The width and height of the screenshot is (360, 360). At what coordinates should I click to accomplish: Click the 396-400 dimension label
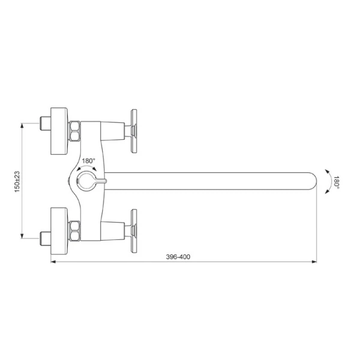click(x=178, y=257)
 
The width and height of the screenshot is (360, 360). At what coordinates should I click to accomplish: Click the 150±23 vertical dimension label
click(x=17, y=182)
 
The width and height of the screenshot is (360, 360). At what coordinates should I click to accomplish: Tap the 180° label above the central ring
click(x=88, y=161)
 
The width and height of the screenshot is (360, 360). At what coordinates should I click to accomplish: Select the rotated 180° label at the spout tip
click(x=337, y=182)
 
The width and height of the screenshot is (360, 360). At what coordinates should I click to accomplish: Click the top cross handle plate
click(x=134, y=131)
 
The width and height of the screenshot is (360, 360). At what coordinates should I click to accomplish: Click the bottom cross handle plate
click(x=134, y=231)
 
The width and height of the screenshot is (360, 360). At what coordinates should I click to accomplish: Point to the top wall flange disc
click(x=59, y=131)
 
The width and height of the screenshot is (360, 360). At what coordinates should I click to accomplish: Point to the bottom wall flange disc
click(x=59, y=231)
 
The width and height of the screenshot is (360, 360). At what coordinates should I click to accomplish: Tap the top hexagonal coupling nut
click(x=74, y=131)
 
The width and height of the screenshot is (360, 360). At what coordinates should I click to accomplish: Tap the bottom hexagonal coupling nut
click(x=74, y=231)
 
